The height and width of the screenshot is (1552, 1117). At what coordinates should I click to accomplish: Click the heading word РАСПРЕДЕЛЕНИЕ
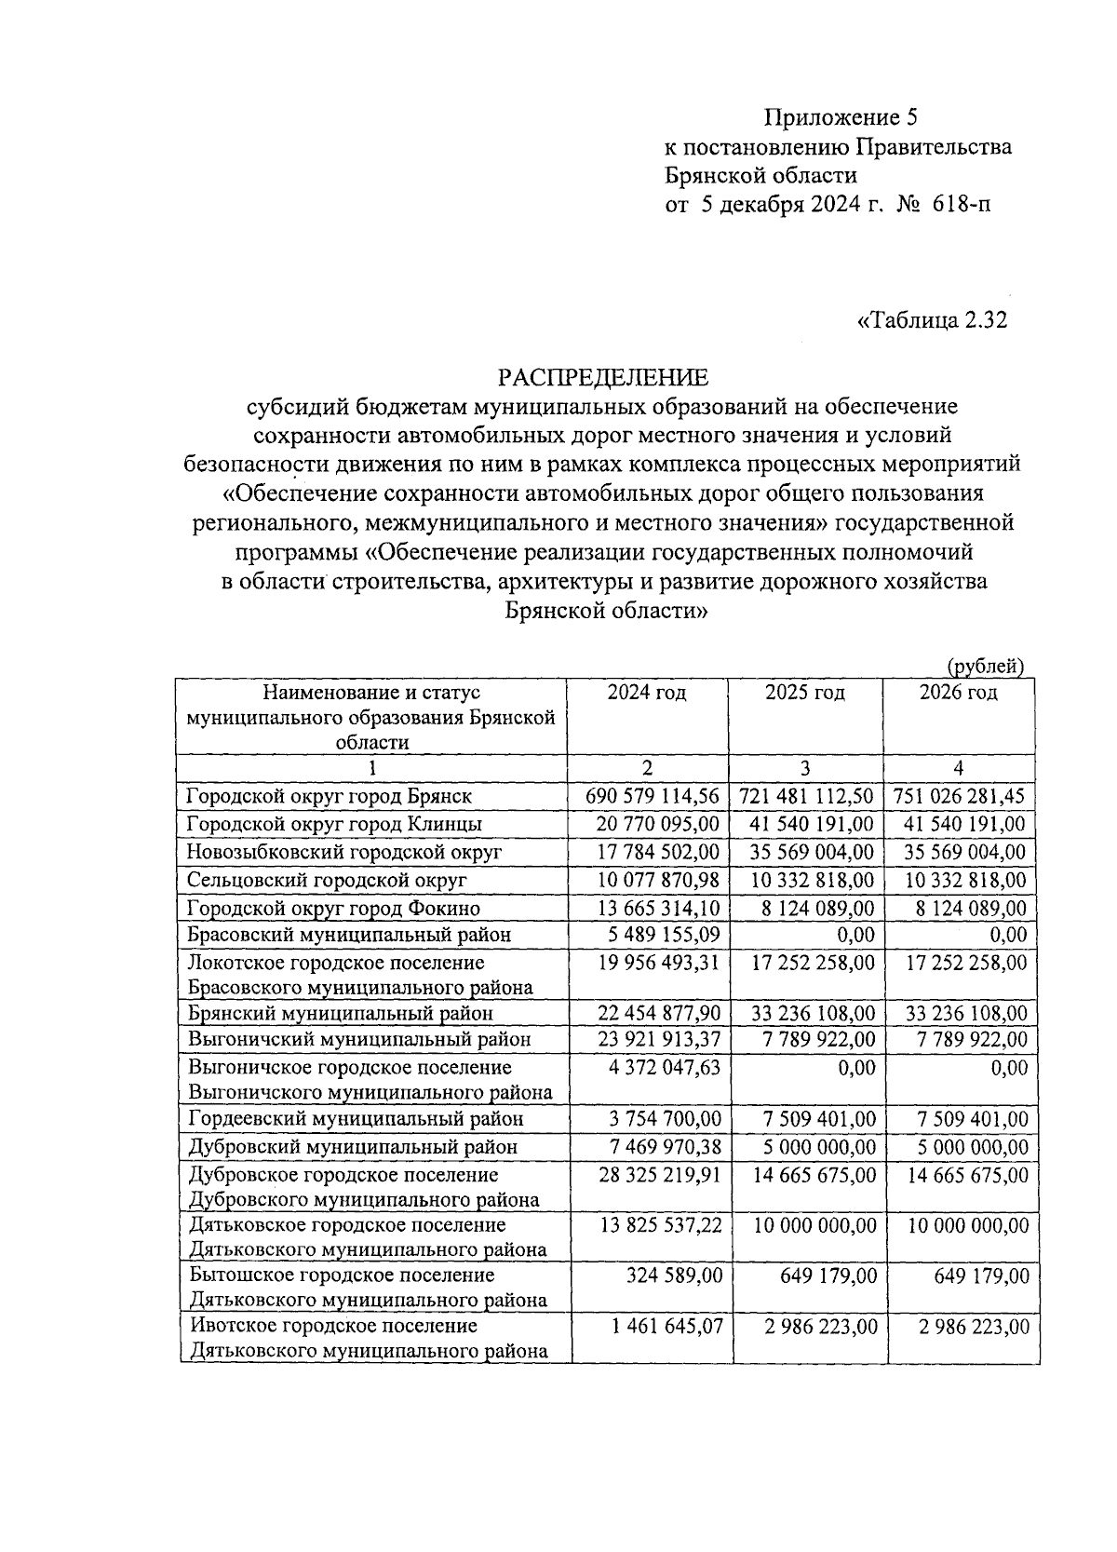[603, 377]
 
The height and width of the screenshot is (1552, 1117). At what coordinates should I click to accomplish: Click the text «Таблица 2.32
[931, 321]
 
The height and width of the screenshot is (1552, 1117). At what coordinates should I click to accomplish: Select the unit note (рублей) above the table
[985, 666]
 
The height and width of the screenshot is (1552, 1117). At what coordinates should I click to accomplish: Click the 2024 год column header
[647, 693]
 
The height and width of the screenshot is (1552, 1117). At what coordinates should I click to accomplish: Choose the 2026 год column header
[958, 693]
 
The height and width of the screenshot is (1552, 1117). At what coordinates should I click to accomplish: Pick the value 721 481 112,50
[806, 797]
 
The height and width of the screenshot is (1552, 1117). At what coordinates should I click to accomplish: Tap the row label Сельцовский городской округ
[327, 880]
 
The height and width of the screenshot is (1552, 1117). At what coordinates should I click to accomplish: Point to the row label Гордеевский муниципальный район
[356, 1119]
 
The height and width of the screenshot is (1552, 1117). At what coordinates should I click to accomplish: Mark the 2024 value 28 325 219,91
[660, 1176]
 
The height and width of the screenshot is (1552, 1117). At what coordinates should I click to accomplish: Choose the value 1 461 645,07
[666, 1326]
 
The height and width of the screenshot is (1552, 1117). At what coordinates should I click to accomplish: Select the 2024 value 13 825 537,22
[661, 1225]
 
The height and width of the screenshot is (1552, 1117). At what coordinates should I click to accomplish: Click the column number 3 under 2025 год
[804, 768]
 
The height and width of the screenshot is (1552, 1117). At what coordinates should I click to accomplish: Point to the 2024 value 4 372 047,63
[665, 1068]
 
